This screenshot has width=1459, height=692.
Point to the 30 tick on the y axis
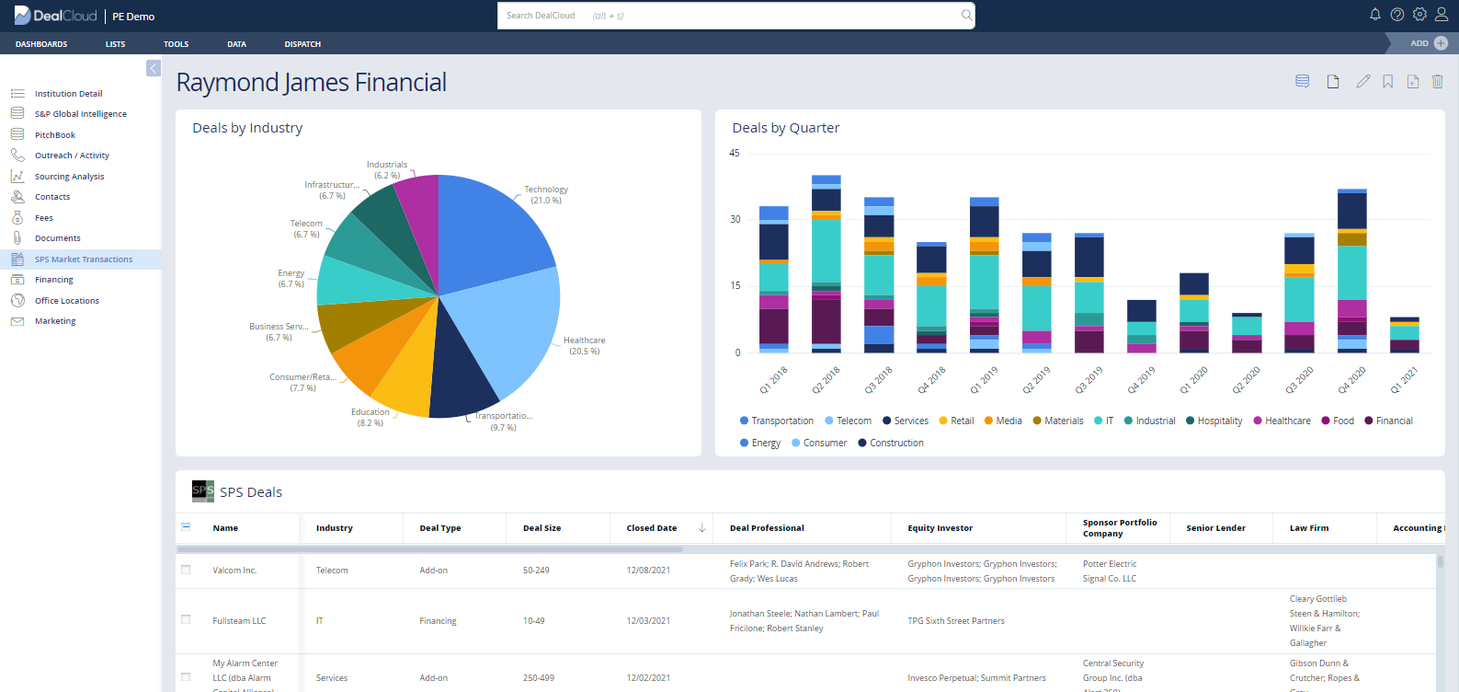point(735,219)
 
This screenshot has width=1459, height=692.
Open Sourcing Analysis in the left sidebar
point(69,177)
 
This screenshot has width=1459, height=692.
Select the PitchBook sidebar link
point(55,135)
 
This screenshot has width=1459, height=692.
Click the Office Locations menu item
point(67,301)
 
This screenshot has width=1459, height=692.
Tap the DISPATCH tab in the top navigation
point(302,44)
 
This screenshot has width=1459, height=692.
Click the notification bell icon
point(1375,15)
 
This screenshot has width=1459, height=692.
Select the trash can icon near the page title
point(1438,82)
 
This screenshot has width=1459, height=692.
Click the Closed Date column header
point(652,528)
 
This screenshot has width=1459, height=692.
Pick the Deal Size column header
point(541,528)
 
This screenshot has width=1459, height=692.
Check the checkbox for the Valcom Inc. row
point(186,571)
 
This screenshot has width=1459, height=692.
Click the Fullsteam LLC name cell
point(239,621)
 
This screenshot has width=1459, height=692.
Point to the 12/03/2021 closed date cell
point(648,621)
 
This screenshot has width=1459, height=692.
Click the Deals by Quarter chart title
point(785,128)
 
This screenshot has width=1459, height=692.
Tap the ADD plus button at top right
point(1441,43)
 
